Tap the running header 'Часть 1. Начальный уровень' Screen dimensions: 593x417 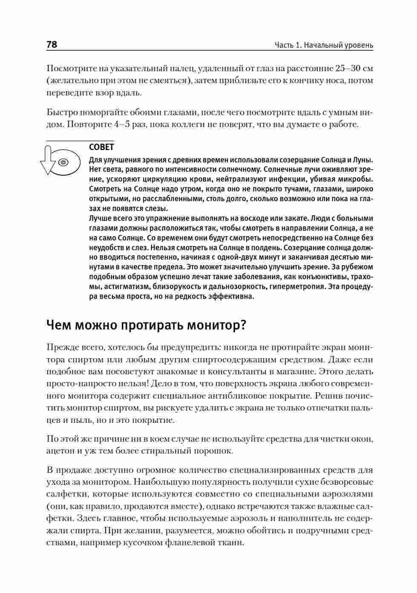[324, 45]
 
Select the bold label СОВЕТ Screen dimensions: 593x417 [101, 148]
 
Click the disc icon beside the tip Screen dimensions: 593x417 [63, 162]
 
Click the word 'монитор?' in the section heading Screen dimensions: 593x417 [218, 325]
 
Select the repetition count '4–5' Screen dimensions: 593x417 [124, 124]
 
